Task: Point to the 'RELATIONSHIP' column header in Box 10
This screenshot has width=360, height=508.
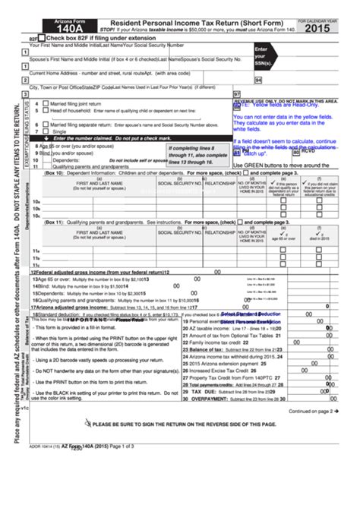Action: (x=219, y=183)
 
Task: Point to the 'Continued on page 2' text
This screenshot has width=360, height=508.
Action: (x=313, y=411)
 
